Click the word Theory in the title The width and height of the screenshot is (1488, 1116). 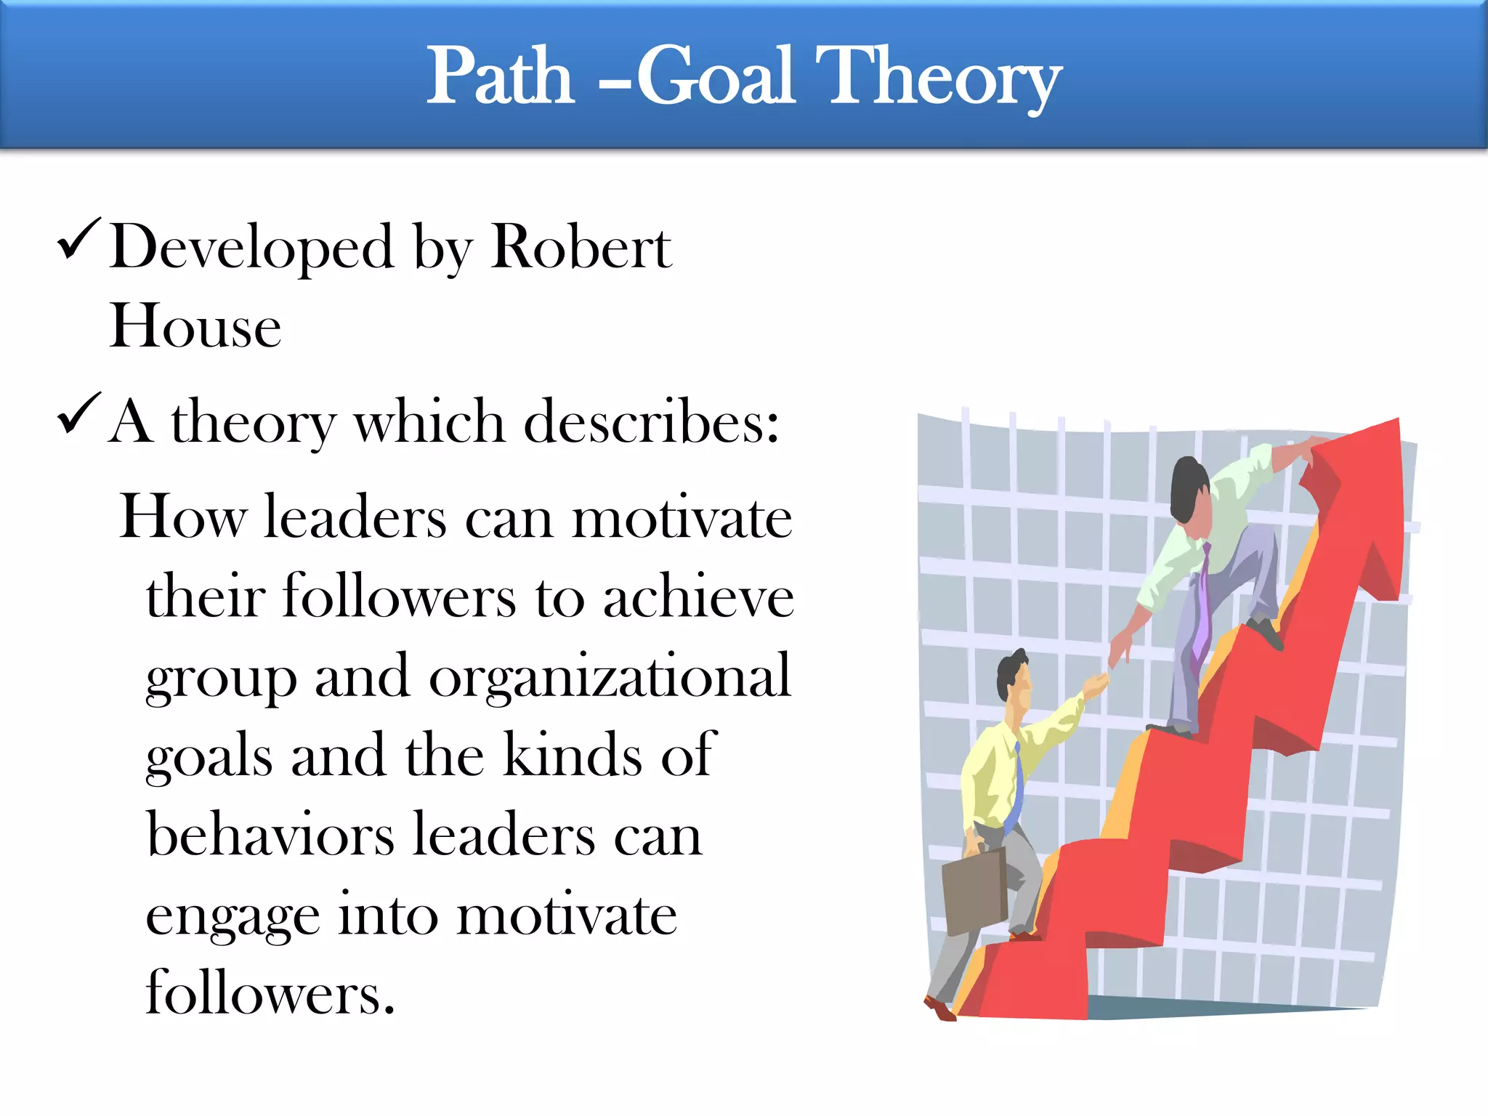[x=937, y=76]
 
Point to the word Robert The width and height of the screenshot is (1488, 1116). [x=581, y=248]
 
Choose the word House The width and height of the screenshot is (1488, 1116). [x=195, y=326]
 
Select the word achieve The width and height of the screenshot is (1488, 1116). [x=698, y=597]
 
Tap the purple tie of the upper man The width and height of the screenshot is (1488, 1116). [x=1200, y=610]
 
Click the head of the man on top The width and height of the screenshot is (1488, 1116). [x=1190, y=490]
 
